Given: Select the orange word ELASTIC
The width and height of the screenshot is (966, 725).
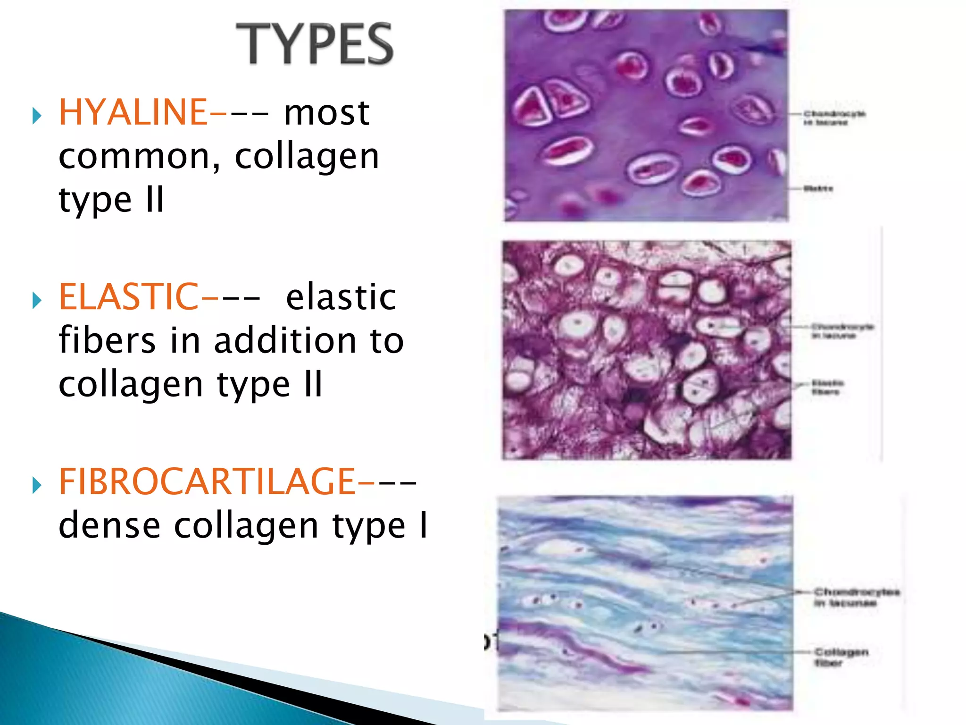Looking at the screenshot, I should [128, 297].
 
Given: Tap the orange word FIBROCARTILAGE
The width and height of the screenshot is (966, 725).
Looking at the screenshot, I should [207, 482].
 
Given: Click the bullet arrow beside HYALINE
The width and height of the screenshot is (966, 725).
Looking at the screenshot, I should [37, 116].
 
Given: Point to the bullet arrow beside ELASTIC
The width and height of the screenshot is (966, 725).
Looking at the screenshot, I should [37, 300].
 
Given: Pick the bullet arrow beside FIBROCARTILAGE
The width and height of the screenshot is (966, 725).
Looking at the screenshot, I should [37, 485].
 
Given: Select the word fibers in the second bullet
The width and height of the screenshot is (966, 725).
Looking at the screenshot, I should [107, 341].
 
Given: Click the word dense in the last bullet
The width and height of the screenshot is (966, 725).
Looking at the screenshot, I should [109, 526].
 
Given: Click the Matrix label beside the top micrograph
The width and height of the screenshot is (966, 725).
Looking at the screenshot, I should [818, 189].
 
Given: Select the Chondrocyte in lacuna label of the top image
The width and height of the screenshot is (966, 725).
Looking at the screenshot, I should [834, 118].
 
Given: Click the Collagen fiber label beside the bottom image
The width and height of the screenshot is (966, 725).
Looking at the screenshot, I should [841, 658].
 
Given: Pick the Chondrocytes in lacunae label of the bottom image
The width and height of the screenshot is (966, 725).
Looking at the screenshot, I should [856, 597].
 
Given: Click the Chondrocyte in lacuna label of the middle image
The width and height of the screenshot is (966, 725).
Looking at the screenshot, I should [842, 331].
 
